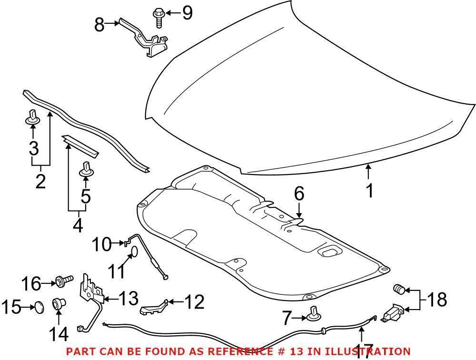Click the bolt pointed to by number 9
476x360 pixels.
tap(158, 18)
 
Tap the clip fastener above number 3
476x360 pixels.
tap(32, 117)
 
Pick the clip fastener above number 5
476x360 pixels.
tap(86, 169)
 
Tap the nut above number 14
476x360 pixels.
tap(59, 303)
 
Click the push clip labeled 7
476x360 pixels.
tap(314, 315)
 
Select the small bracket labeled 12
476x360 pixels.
tap(154, 307)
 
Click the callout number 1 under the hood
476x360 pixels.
tap(369, 191)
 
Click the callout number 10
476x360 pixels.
tap(102, 244)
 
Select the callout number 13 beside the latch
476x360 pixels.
tap(129, 298)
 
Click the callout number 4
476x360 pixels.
tap(78, 225)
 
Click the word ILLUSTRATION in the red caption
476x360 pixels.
tap(367, 351)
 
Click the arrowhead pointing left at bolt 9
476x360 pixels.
tap(169, 13)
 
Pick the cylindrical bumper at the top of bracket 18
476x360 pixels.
tap(399, 289)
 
